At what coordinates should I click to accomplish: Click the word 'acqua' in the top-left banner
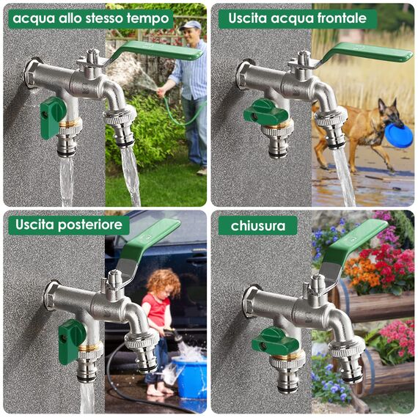34,18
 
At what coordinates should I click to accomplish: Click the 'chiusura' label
257,225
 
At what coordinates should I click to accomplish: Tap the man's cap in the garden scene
191,25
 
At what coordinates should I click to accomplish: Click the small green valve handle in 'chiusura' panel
274,341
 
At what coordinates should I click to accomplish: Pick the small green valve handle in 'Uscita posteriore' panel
71,340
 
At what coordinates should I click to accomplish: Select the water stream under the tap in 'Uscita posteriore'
87,396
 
